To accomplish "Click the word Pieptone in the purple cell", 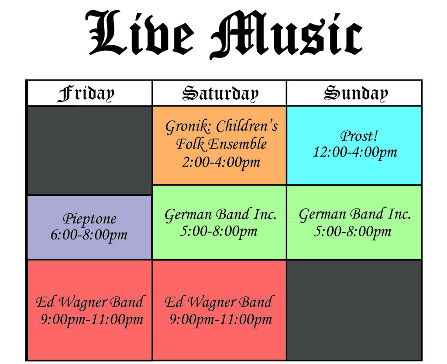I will [x=89, y=218].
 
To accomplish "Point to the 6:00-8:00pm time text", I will [x=89, y=235].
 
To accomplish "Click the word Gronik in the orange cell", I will [x=188, y=127].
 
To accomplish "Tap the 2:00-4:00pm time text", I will [x=221, y=163].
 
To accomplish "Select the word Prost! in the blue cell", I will [x=359, y=136].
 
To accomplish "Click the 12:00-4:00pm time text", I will [x=355, y=152].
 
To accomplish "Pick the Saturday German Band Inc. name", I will [x=220, y=215].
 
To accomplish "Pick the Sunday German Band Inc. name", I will [x=355, y=215].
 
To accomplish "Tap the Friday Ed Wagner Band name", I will [x=89, y=302].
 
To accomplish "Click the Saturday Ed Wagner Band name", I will [x=219, y=302].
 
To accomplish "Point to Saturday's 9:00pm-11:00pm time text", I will [x=220, y=320].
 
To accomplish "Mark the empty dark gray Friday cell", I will [x=89, y=150].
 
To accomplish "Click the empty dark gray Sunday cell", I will [x=354, y=309].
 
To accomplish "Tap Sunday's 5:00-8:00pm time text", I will [x=353, y=231].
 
